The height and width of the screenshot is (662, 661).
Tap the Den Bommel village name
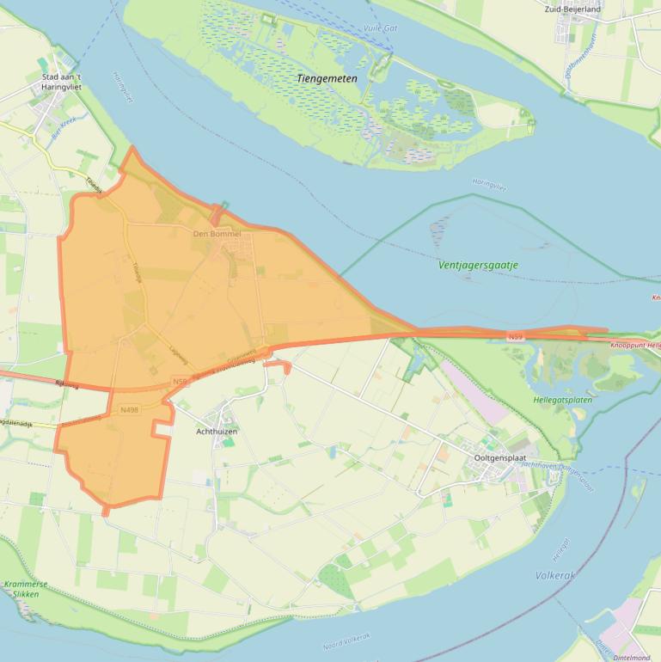pos(217,234)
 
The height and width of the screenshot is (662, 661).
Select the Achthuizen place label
pos(217,431)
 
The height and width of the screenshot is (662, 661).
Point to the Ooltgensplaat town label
pos(503,458)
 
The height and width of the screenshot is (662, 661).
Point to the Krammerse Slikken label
pos(23,589)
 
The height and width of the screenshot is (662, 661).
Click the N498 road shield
pos(130,410)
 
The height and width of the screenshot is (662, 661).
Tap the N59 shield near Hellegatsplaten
pos(515,337)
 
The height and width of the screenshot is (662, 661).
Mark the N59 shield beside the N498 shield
pos(180,381)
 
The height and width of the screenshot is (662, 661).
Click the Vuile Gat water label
pos(380,28)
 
